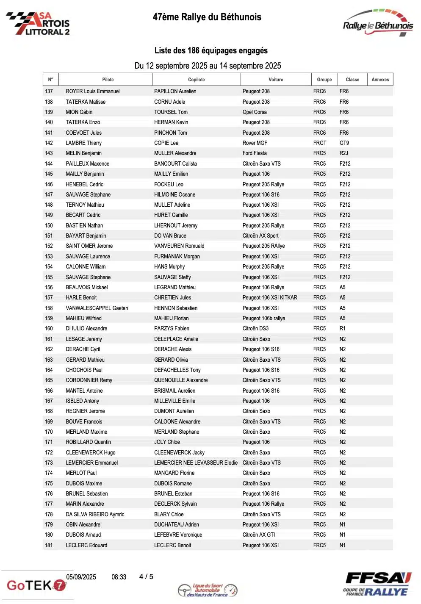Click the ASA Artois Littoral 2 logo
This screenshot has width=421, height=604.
point(38,24)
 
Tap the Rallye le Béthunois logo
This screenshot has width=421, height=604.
point(377,23)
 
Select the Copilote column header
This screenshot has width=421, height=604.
point(196,80)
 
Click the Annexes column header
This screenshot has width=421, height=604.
point(380,80)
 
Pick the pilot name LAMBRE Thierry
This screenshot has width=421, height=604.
point(83,143)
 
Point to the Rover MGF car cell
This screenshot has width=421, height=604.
point(255,143)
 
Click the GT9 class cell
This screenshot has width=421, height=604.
point(344,143)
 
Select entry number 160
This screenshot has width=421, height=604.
point(49,329)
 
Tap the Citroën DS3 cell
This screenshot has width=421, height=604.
point(255,329)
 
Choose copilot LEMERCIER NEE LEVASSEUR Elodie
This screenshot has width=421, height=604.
point(196,463)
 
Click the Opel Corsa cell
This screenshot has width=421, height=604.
point(255,112)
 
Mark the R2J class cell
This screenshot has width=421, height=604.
point(343,153)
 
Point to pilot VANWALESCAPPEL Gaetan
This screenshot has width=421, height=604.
point(97,308)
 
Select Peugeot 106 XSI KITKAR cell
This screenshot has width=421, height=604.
point(270,298)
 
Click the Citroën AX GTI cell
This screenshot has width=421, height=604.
point(258,535)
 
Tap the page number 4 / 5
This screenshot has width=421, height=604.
point(146,577)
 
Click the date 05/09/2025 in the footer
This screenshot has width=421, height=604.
point(81,577)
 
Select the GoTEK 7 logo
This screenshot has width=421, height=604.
point(36,585)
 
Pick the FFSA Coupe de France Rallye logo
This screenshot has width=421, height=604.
point(377,584)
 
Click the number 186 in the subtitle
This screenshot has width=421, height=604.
point(193,51)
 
